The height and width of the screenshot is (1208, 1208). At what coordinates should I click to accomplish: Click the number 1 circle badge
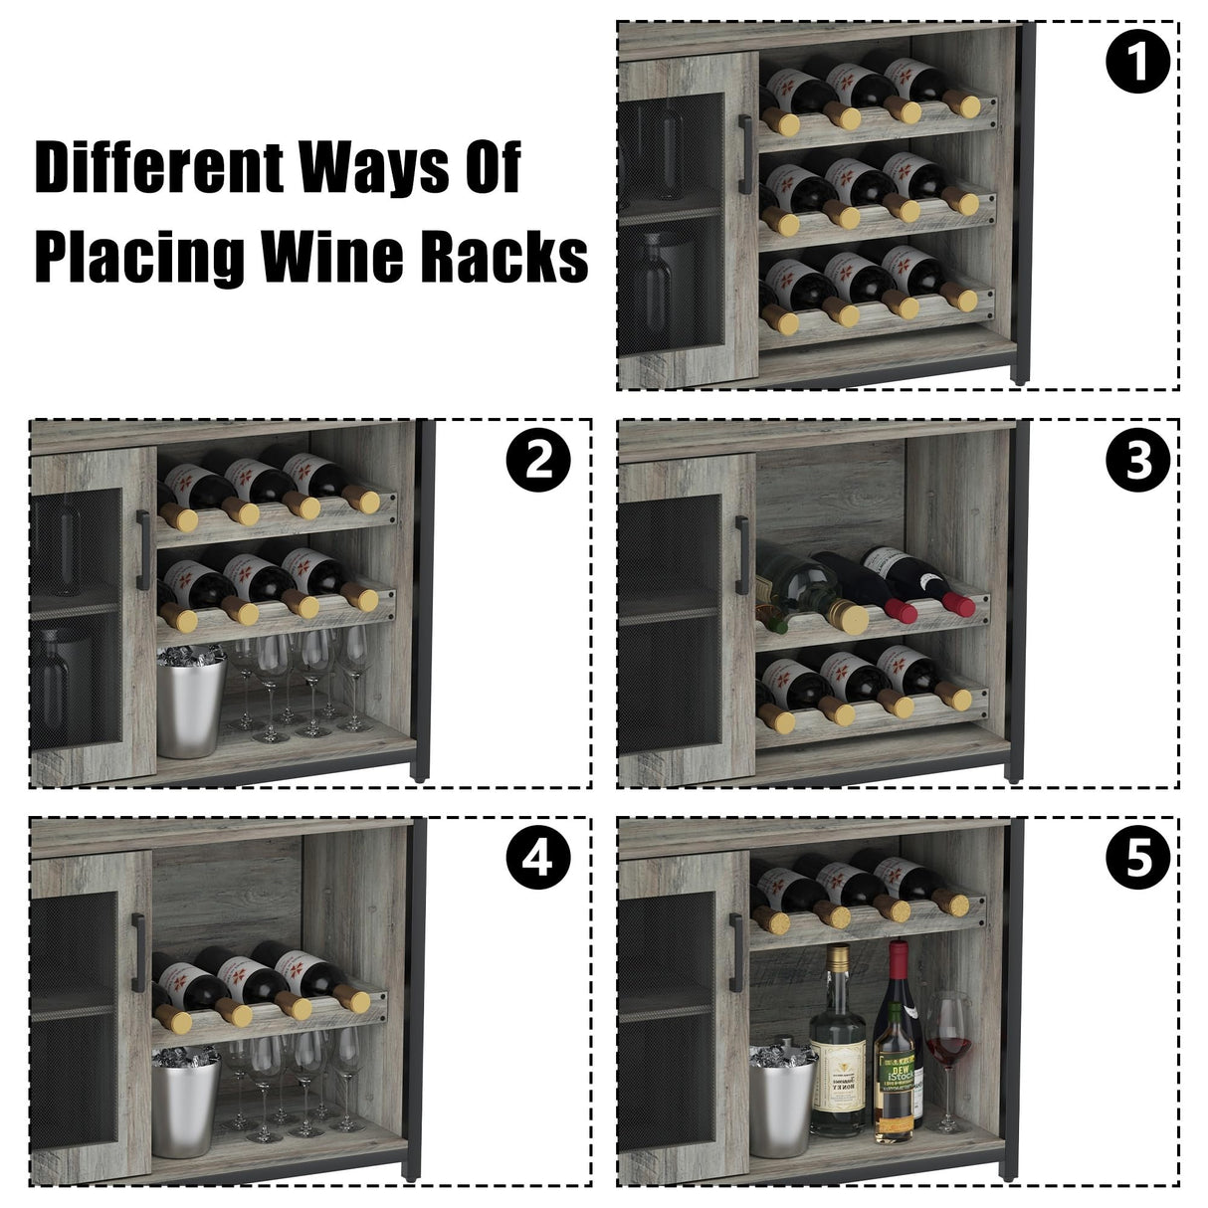point(1136,64)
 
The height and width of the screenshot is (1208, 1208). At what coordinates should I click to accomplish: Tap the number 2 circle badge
point(537,462)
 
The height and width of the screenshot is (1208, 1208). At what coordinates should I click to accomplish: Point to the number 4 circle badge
point(537,857)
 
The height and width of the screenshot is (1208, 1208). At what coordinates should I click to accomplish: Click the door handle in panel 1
point(742,154)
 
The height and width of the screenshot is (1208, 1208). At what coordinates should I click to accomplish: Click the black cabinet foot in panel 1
point(1020,373)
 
